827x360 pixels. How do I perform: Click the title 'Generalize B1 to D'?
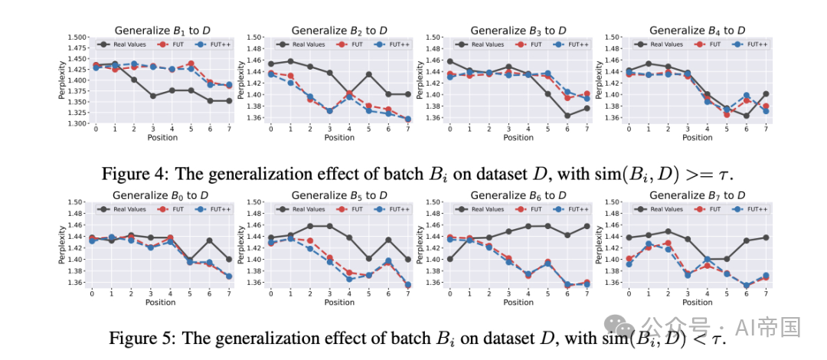157,31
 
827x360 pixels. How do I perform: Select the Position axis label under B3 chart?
518,138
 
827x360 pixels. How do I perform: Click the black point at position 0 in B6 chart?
449,259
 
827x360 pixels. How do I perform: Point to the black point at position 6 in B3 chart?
567,116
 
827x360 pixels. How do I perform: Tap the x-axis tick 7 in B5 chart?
407,294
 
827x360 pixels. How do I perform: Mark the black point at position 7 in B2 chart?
407,94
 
